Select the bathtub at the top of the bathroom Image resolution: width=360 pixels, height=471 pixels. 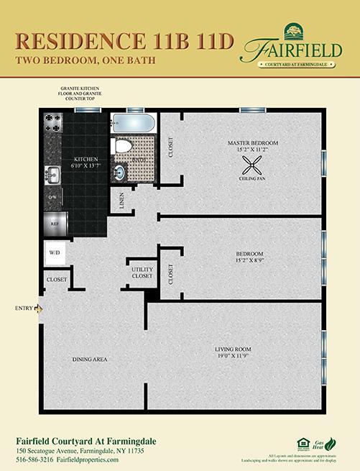pos(135,122)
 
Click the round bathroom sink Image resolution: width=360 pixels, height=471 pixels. pos(119,171)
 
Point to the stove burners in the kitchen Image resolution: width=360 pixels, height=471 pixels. pos(54,127)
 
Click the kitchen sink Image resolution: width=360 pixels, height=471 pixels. pos(52,173)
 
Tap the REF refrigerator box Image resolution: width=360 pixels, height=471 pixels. pos(55,223)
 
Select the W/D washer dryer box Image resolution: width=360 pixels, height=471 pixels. pos(55,253)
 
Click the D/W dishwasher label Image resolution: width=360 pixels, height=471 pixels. pos(52,196)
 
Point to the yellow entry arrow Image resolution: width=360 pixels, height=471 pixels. pos(40,308)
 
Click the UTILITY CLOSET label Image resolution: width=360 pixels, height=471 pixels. pos(142,271)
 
